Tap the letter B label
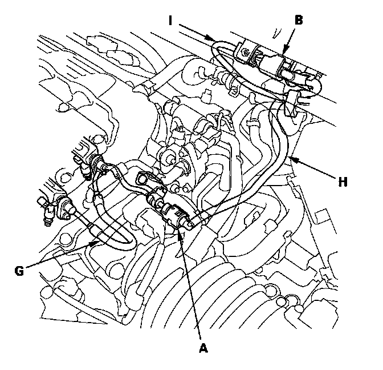point(299,19)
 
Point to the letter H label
point(342,182)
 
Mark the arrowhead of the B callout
point(284,55)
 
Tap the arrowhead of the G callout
point(97,242)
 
